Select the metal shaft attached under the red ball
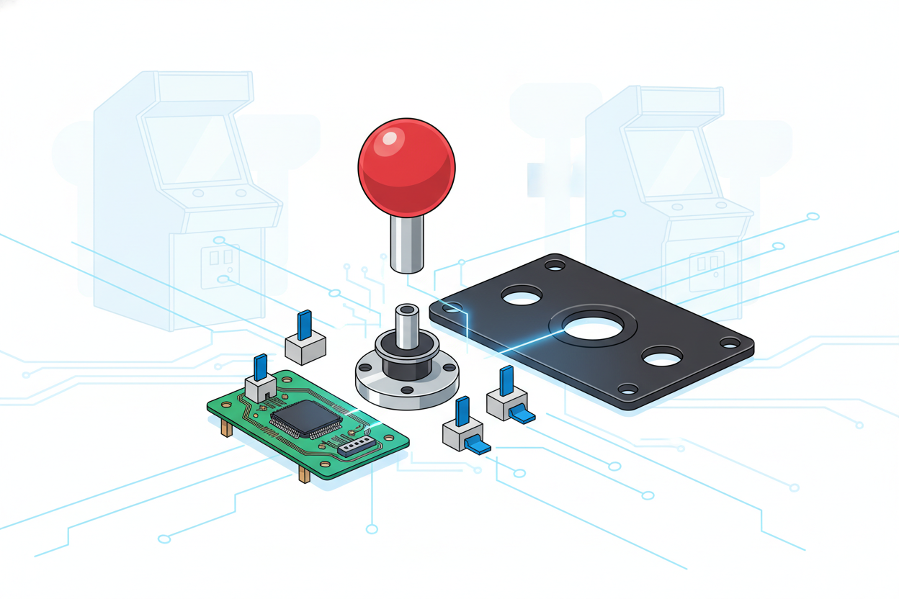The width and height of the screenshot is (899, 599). point(407,243)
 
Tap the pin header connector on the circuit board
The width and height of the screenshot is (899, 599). point(356,446)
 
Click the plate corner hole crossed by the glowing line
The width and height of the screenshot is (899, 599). point(452,308)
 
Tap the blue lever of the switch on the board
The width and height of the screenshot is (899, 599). point(261,366)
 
